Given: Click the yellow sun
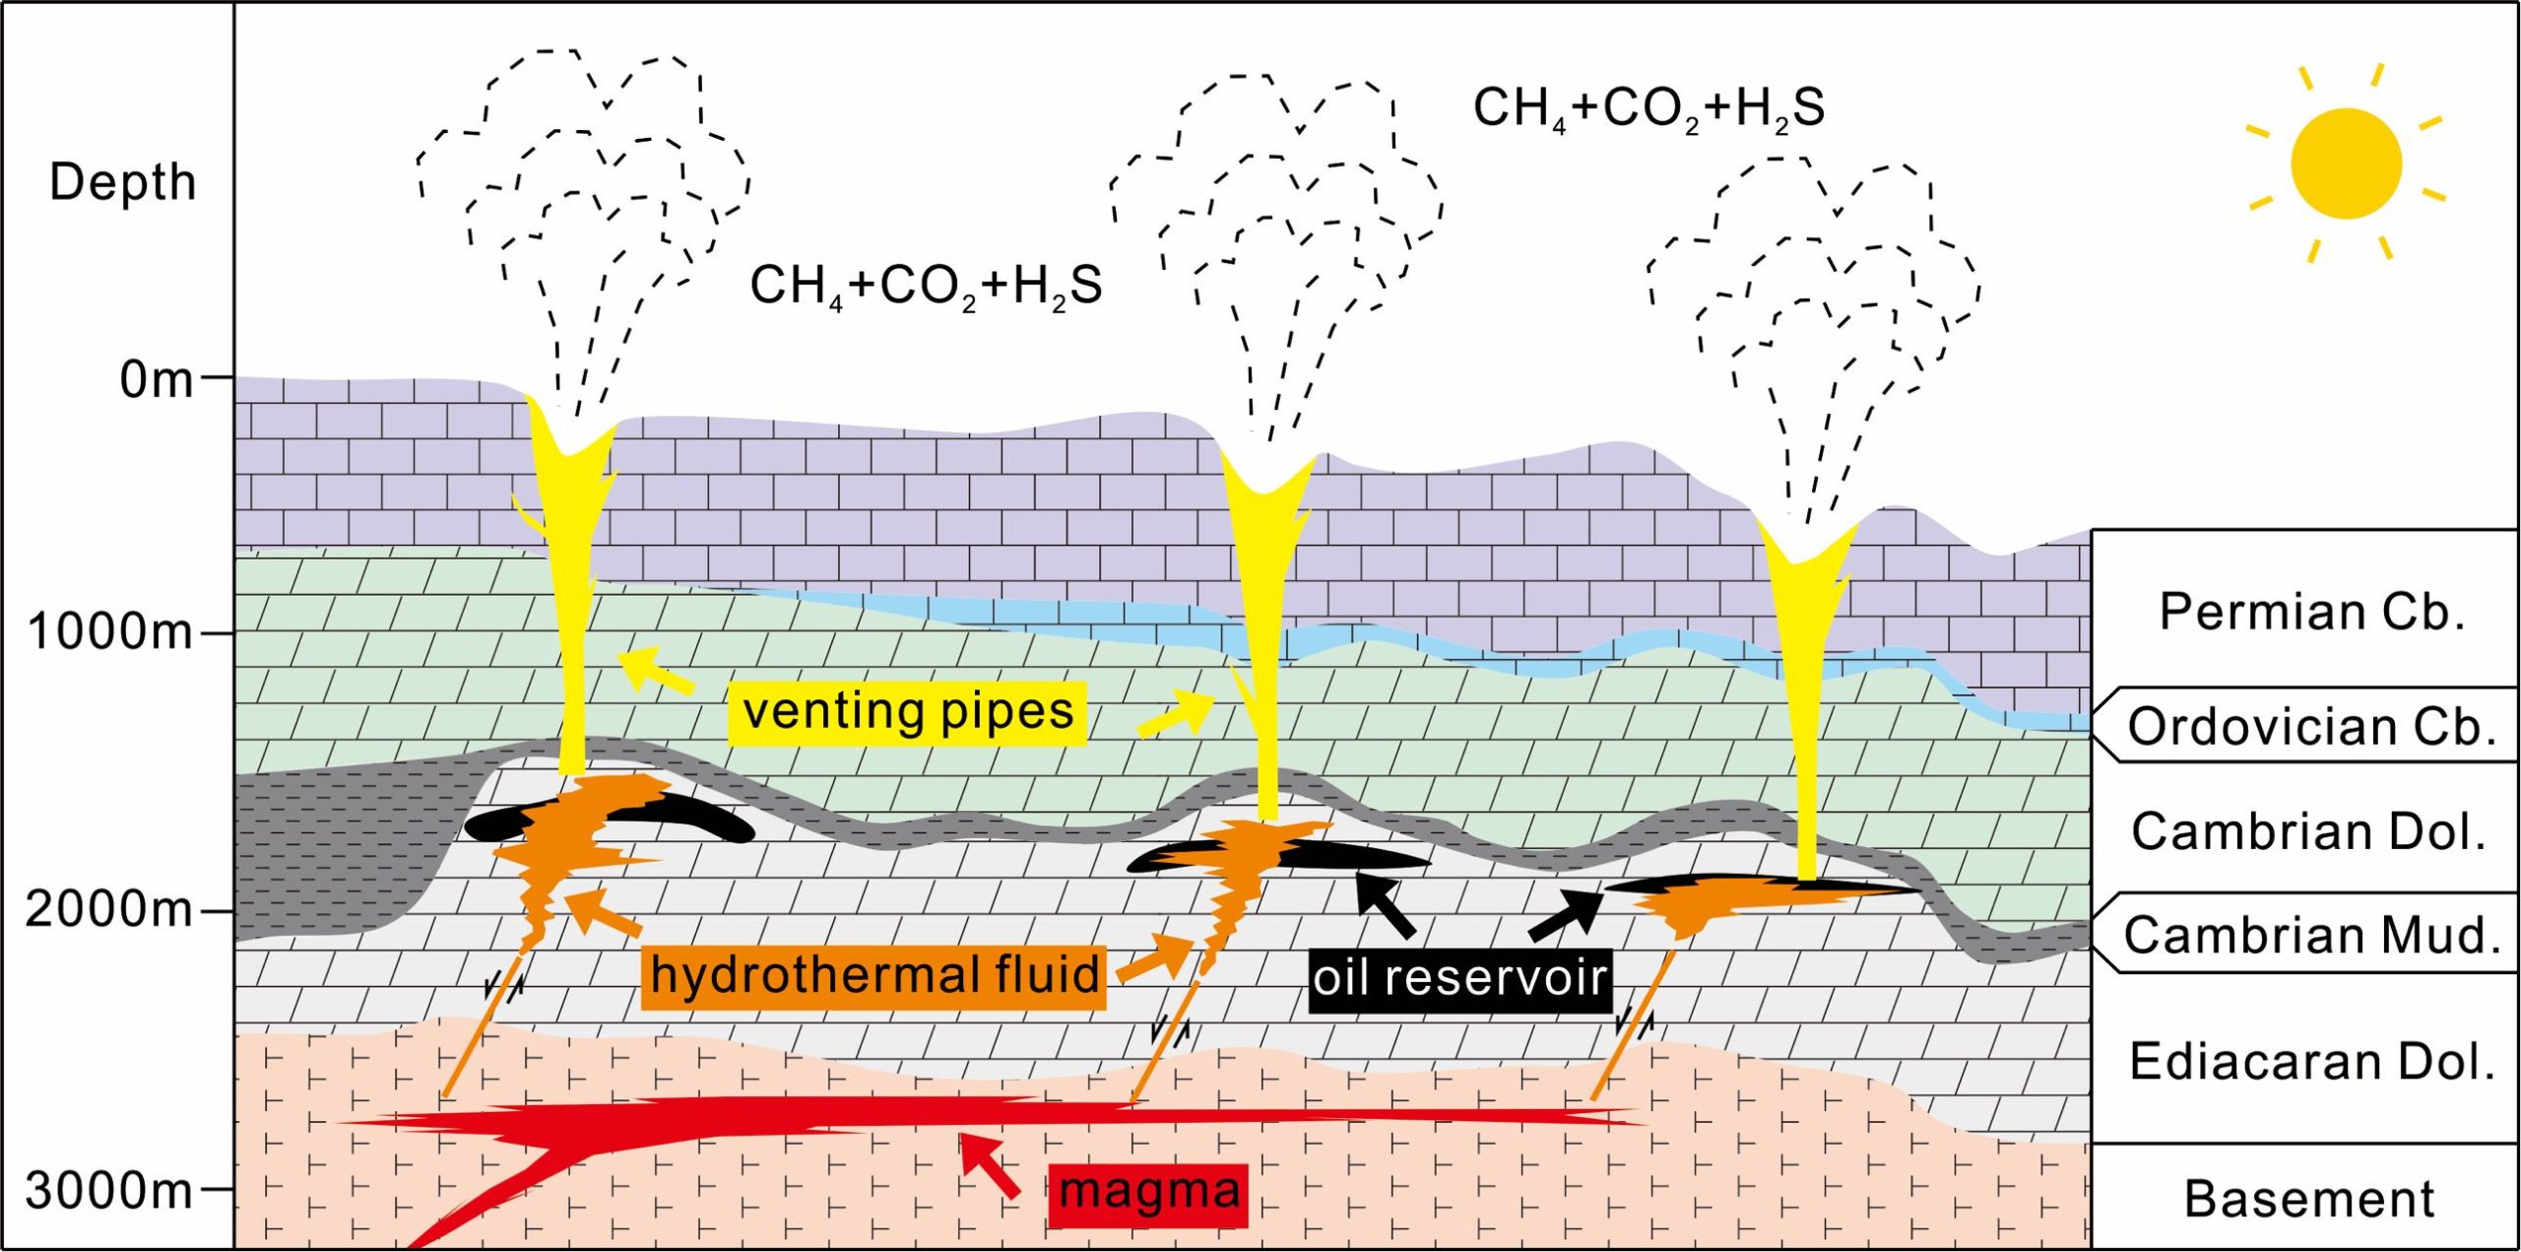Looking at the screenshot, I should click(x=2346, y=164).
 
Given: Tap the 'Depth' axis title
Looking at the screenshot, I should click(x=122, y=182).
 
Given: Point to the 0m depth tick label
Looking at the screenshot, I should click(x=157, y=379).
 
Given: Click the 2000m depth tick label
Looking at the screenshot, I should click(x=109, y=909).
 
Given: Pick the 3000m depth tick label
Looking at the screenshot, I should click(x=109, y=1191).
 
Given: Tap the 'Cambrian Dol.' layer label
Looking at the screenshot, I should click(x=2308, y=831).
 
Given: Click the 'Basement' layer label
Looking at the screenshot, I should click(x=2308, y=1199).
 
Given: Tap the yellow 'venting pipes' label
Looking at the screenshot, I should click(x=907, y=711).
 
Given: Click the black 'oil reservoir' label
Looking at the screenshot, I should click(x=1460, y=978).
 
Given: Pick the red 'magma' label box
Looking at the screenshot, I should click(x=1148, y=1193).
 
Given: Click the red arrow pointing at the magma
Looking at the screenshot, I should click(x=991, y=1165).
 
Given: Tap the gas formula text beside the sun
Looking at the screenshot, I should click(x=1648, y=108).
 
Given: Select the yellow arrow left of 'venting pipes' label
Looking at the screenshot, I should click(x=654, y=671).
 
